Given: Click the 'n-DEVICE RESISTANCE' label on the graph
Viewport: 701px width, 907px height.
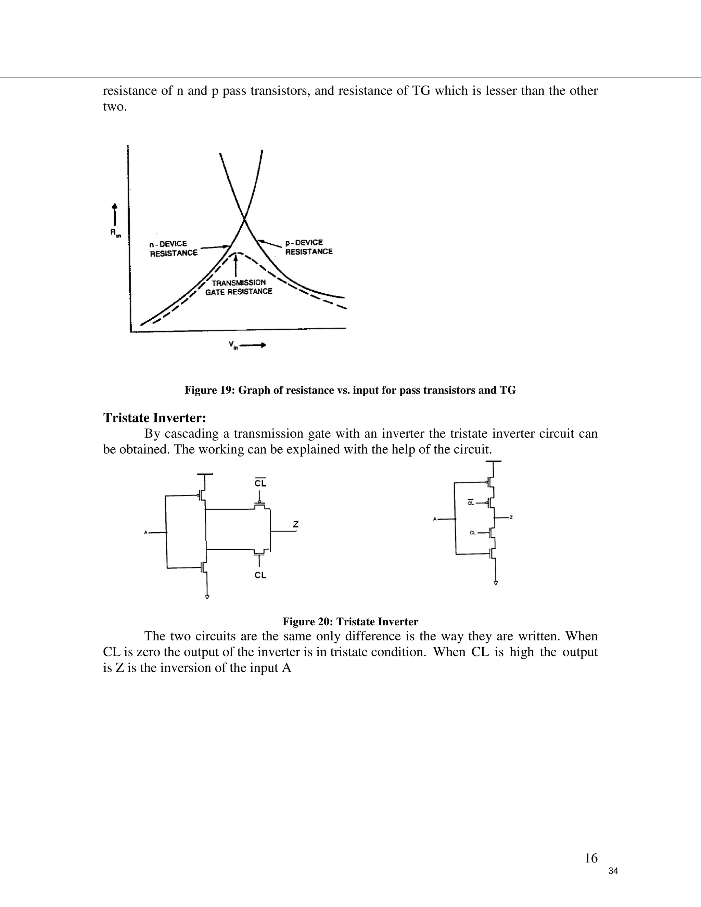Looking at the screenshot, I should tap(174, 248).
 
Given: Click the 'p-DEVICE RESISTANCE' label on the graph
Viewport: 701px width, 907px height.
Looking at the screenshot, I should tap(308, 247).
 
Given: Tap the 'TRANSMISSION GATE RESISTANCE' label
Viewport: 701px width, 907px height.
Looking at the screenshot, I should tap(239, 287).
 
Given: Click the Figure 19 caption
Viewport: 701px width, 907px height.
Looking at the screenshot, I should tap(350, 390).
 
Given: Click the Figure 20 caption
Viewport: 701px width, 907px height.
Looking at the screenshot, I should tap(350, 622).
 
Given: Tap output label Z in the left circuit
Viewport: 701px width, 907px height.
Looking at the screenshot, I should tap(295, 524).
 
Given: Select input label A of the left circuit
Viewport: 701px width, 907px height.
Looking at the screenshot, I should tap(146, 533).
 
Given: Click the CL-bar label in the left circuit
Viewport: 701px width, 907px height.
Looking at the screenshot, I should tap(260, 483).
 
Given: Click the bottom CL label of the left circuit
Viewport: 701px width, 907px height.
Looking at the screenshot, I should tap(260, 575).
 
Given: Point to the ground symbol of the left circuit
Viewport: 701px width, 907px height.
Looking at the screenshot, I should tap(207, 597).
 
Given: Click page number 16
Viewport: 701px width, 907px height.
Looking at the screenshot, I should tap(590, 858).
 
